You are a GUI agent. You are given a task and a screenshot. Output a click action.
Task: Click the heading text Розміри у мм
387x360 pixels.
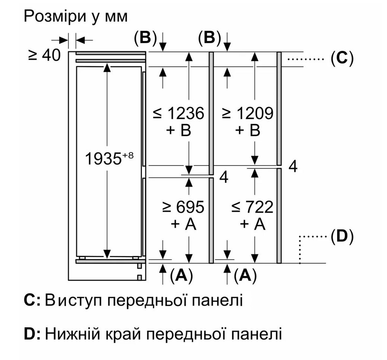[76, 16]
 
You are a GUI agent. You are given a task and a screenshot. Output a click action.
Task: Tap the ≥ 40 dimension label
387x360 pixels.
[44, 56]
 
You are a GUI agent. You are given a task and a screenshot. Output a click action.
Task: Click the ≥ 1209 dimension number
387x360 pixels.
[248, 113]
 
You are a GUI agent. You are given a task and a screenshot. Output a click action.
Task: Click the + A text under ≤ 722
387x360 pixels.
[252, 224]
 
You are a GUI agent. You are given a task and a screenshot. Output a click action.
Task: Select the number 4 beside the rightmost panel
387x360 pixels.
[293, 167]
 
